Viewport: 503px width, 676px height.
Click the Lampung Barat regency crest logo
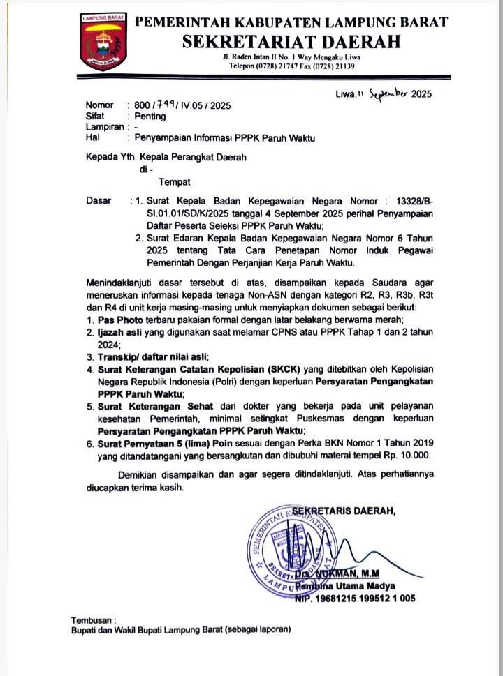(100, 43)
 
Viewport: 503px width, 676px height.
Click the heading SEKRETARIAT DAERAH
(292, 41)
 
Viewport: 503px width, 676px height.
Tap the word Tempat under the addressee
(174, 183)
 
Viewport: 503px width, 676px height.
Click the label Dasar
(99, 201)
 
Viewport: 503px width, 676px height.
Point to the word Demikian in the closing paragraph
(138, 475)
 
